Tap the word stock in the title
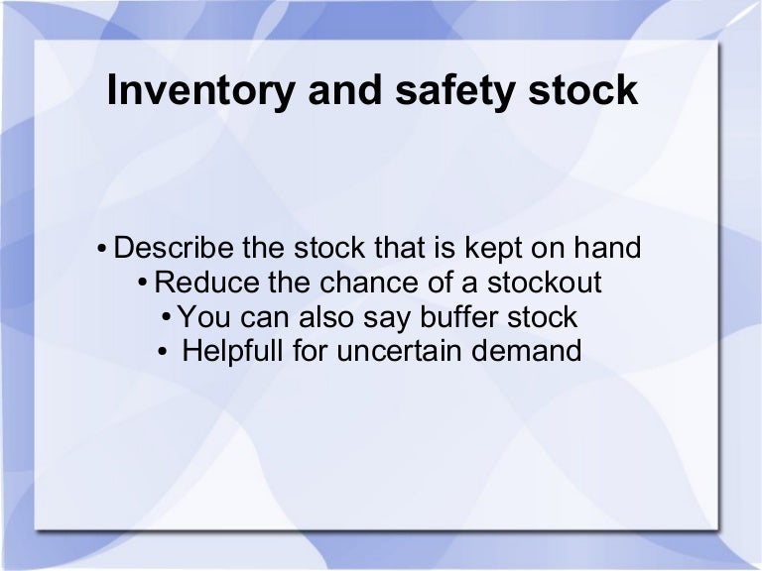click(583, 91)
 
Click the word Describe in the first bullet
click(175, 248)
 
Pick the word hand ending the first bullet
click(605, 248)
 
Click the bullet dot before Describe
click(102, 250)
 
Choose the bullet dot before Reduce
click(145, 285)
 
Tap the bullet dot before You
click(166, 318)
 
